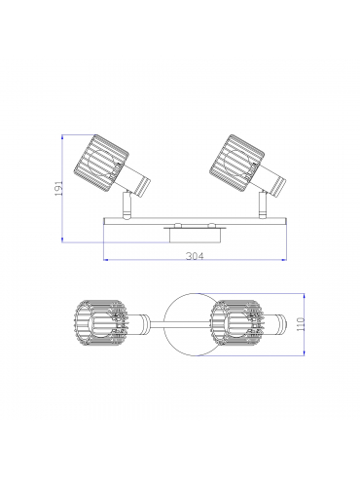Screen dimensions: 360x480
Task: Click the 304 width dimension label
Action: tap(195, 256)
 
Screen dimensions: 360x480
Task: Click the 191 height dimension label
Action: tap(58, 188)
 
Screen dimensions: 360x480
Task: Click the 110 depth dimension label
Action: tap(301, 324)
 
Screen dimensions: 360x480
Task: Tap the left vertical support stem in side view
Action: tap(126, 204)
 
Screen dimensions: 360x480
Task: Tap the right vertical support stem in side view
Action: tap(263, 204)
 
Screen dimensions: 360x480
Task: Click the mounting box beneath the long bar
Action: tap(195, 235)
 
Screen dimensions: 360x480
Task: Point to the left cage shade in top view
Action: tap(101, 324)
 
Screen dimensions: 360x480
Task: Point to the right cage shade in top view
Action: tap(236, 324)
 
